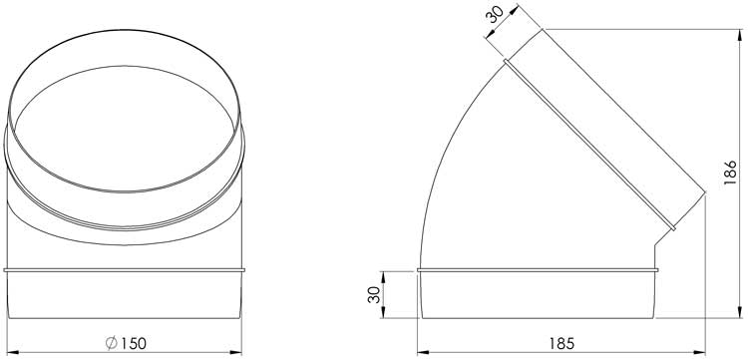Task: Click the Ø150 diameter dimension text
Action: [126, 343]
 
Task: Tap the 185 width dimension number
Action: [561, 343]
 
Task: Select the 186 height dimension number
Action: [730, 173]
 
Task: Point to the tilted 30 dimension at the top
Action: [495, 14]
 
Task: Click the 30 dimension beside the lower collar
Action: [374, 294]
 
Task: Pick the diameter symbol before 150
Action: [111, 343]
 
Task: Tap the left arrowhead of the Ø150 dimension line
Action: [13, 352]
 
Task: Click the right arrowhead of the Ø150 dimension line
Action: [236, 352]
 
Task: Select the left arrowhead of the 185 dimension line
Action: [423, 352]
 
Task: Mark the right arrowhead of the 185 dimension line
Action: [699, 352]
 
